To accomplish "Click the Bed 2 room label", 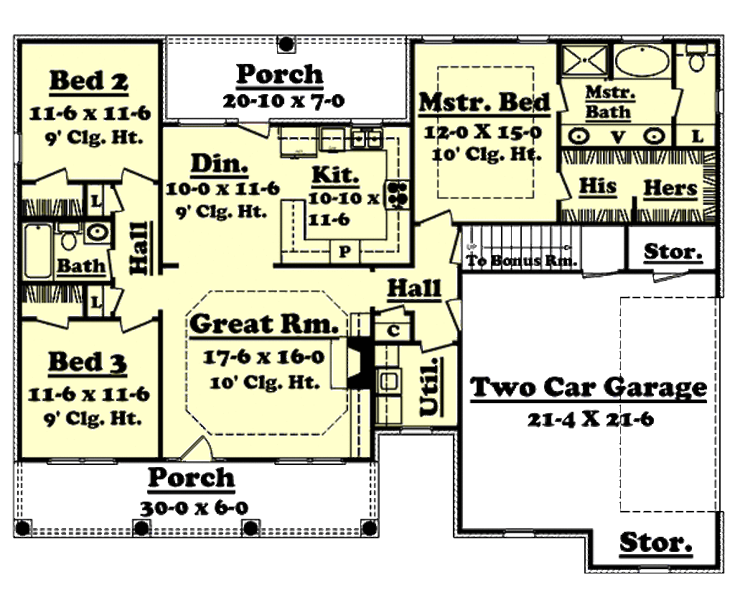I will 88,81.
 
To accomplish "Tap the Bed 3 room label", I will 88,362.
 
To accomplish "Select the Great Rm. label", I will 264,324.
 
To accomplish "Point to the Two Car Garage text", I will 589,387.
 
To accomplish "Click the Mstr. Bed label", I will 484,103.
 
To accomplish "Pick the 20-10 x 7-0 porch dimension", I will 283,101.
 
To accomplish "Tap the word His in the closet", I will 597,187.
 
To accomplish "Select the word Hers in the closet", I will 670,188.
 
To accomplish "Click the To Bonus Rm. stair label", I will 522,261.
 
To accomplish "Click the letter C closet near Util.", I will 393,331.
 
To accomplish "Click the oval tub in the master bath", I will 642,60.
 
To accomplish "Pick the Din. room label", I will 219,165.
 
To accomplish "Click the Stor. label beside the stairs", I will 672,252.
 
